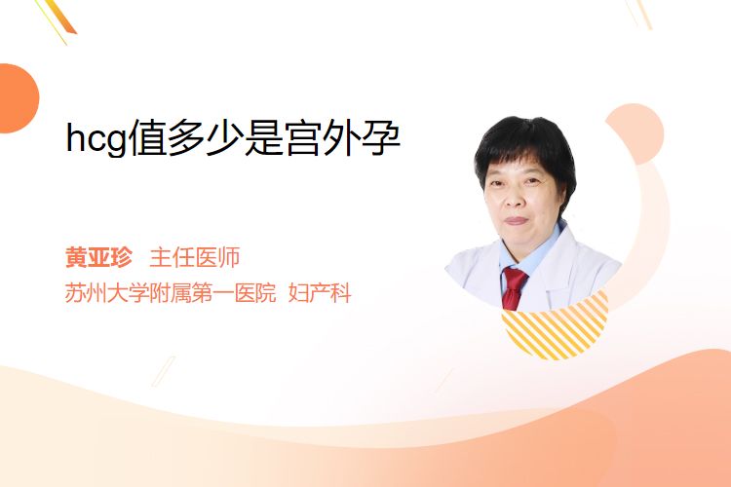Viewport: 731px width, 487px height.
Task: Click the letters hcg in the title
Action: pyautogui.click(x=96, y=139)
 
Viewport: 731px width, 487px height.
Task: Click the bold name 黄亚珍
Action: pyautogui.click(x=98, y=257)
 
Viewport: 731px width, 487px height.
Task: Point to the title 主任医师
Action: pyautogui.click(x=195, y=257)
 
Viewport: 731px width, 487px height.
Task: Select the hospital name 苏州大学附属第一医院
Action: pyautogui.click(x=171, y=292)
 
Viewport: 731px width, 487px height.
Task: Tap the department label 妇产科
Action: pyautogui.click(x=320, y=292)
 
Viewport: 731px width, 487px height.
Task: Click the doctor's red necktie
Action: pyautogui.click(x=515, y=287)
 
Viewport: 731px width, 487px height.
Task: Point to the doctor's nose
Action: pyautogui.click(x=514, y=199)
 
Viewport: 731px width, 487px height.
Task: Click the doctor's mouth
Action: pyautogui.click(x=516, y=220)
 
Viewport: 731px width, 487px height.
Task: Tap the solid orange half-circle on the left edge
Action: pyautogui.click(x=18, y=98)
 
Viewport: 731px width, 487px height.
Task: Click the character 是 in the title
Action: pyautogui.click(x=264, y=138)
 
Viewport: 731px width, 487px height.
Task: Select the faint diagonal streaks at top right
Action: pyautogui.click(x=639, y=13)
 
